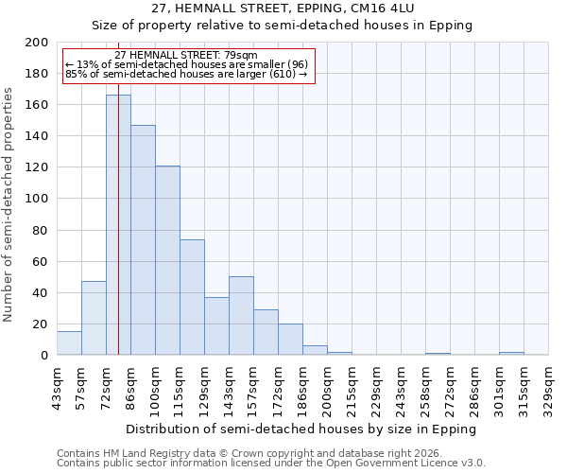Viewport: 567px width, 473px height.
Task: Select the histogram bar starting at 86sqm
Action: (x=143, y=240)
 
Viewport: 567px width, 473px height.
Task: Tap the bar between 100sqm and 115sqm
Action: (x=167, y=260)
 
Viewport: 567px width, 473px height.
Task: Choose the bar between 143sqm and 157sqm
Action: (x=241, y=316)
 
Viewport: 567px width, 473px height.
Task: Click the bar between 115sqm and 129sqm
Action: (x=192, y=297)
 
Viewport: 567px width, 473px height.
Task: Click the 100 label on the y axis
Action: (x=37, y=199)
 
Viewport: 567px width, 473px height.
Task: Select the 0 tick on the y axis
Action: (x=44, y=356)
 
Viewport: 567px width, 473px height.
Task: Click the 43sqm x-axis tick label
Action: (x=58, y=388)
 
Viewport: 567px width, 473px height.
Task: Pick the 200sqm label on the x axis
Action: (x=328, y=388)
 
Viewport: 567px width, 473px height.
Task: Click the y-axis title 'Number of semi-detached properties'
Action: (x=9, y=204)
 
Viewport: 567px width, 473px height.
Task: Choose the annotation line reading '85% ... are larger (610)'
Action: (x=186, y=74)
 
